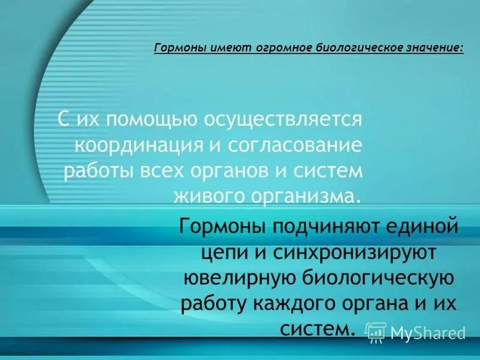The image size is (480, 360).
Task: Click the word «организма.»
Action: [306, 196]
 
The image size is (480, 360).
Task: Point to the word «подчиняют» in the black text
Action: [319, 228]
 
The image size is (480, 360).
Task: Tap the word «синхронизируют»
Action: [356, 254]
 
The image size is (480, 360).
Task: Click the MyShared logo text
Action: [428, 332]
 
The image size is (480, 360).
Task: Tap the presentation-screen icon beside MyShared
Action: [376, 332]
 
